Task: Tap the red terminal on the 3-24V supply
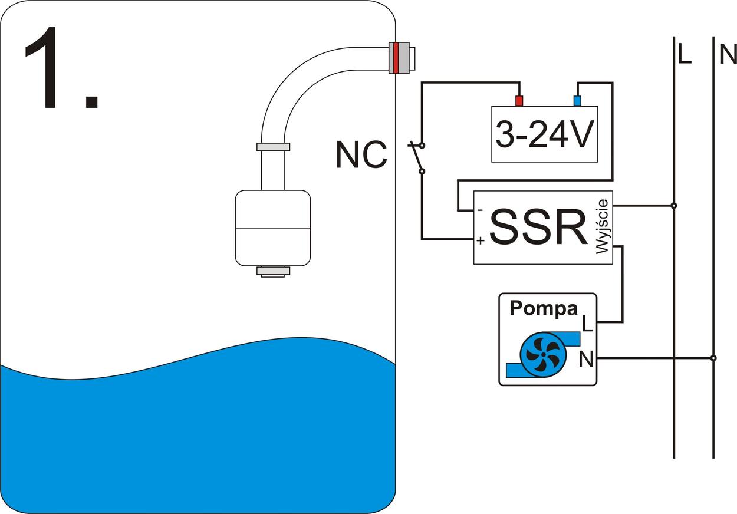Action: pyautogui.click(x=519, y=101)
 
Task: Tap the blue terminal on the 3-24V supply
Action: pyautogui.click(x=577, y=101)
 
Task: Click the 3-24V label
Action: pyautogui.click(x=544, y=135)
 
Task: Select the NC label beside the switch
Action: pyautogui.click(x=361, y=156)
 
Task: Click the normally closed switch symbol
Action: pyautogui.click(x=419, y=157)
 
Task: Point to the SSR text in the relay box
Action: pyautogui.click(x=538, y=227)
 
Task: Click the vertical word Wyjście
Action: pyautogui.click(x=602, y=227)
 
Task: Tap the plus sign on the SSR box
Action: pyautogui.click(x=481, y=240)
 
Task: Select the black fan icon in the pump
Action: pyautogui.click(x=542, y=354)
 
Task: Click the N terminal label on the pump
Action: pyautogui.click(x=586, y=359)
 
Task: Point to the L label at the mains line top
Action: pyautogui.click(x=684, y=55)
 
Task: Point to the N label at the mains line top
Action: pyautogui.click(x=729, y=55)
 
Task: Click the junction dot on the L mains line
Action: pyautogui.click(x=674, y=206)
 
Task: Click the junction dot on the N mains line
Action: pyautogui.click(x=713, y=358)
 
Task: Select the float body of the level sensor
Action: pyautogui.click(x=272, y=228)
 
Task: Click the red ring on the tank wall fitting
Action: pyautogui.click(x=396, y=57)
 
